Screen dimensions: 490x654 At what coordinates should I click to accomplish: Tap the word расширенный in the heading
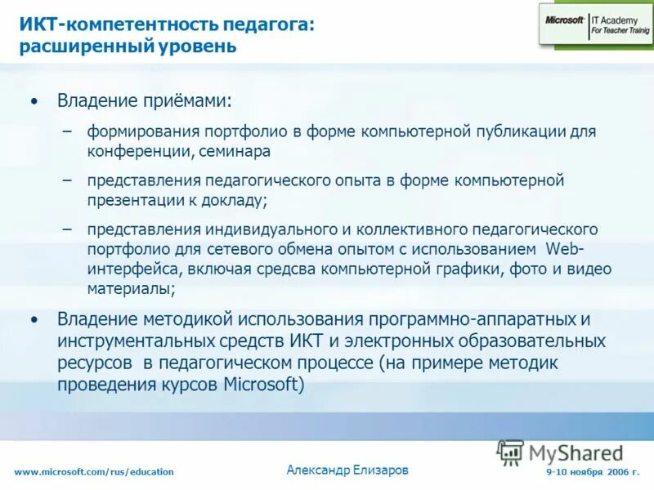(80, 47)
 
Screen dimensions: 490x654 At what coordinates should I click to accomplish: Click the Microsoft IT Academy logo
(594, 24)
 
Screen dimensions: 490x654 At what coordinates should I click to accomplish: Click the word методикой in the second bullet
(176, 318)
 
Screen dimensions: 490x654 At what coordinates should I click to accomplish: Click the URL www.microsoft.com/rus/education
(94, 472)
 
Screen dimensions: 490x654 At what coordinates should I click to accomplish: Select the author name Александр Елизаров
(347, 470)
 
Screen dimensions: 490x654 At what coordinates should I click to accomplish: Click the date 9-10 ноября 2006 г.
(593, 472)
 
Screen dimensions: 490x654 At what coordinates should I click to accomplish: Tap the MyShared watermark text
(576, 452)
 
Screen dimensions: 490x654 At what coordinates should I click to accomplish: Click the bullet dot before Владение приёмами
(33, 102)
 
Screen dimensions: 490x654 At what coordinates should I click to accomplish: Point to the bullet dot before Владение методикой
(33, 320)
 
